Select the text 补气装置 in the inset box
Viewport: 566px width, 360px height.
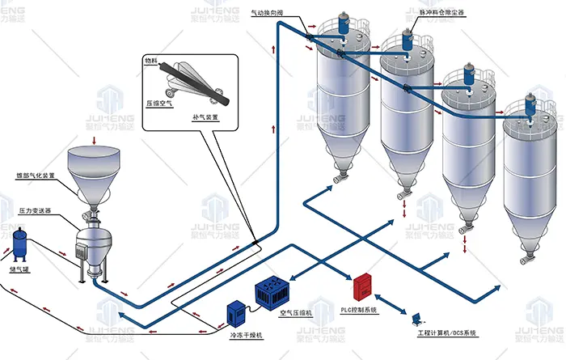(206, 118)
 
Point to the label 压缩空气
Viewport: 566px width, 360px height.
(159, 104)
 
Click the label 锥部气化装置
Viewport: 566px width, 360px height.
(36, 175)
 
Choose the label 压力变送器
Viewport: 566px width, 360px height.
(35, 210)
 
